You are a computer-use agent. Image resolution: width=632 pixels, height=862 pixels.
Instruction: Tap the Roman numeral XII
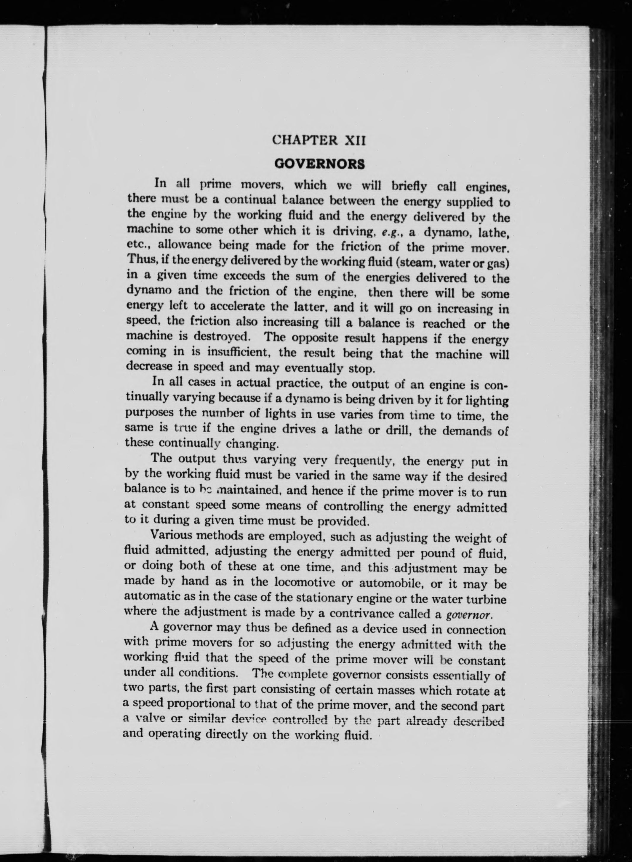355,141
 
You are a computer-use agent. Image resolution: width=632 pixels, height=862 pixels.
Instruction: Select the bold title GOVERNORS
320,164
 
